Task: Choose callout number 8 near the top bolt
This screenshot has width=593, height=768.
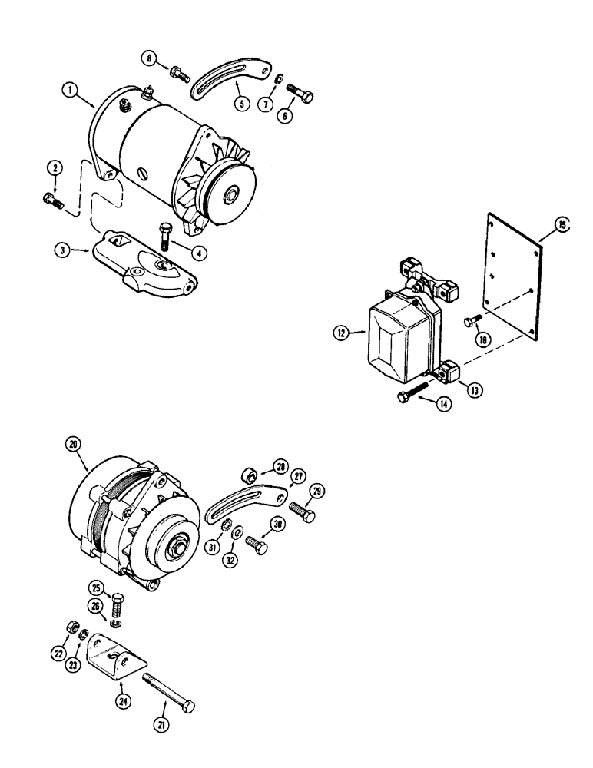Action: click(x=150, y=56)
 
